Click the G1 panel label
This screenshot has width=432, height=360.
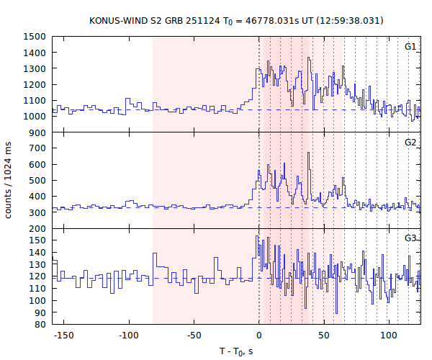(x=410, y=46)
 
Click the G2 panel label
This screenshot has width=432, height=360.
(x=410, y=142)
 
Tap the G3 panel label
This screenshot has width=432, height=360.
(x=410, y=238)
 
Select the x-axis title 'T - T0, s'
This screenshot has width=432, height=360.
(x=237, y=351)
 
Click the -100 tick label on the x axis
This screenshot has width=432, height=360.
(x=128, y=336)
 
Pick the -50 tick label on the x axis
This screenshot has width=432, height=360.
(x=194, y=336)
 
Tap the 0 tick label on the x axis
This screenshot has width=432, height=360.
(x=259, y=336)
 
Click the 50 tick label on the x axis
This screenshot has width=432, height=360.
(x=324, y=336)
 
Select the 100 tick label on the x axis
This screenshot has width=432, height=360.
(x=390, y=336)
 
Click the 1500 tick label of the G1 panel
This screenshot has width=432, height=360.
(x=35, y=37)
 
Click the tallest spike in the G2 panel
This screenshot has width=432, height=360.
(x=309, y=153)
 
